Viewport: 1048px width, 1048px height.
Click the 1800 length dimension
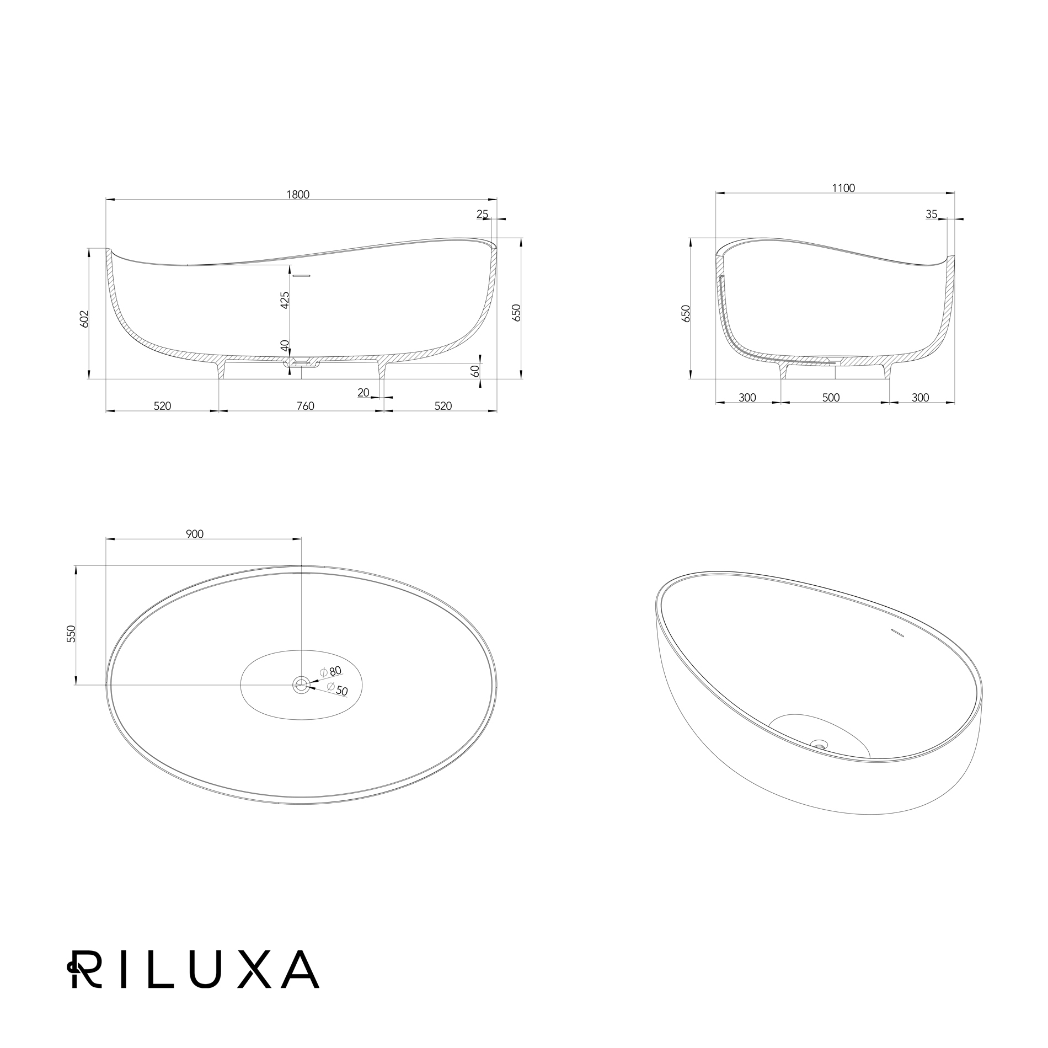pyautogui.click(x=298, y=194)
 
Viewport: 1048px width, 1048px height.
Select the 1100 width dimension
pyautogui.click(x=843, y=188)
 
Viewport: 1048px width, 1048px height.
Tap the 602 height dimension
pyautogui.click(x=84, y=319)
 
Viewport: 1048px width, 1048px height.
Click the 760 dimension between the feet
pyautogui.click(x=305, y=406)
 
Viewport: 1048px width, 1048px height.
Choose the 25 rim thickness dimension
pyautogui.click(x=483, y=214)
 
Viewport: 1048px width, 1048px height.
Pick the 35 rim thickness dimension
pyautogui.click(x=932, y=214)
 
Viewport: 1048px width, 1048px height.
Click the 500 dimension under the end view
pyautogui.click(x=831, y=398)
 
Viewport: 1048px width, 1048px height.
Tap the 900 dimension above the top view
pyautogui.click(x=195, y=534)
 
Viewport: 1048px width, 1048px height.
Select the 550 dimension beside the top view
pyautogui.click(x=71, y=634)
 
